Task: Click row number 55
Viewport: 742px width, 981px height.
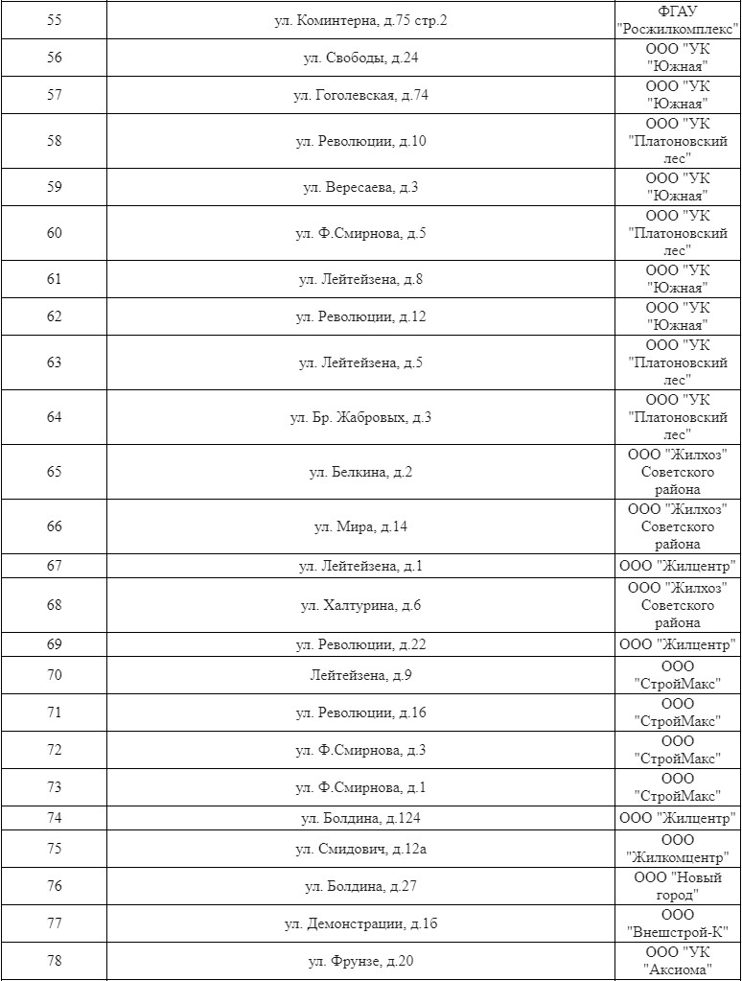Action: coord(54,20)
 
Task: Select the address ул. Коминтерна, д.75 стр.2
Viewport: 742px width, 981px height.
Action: coord(360,20)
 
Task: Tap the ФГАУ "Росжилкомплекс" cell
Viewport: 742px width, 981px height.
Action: coord(678,20)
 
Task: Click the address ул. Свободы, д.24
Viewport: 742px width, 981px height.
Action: coord(360,58)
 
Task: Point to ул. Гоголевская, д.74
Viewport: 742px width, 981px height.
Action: coord(360,95)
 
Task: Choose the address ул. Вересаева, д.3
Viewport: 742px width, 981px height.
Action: coord(360,187)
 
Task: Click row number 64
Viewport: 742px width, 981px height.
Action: coord(54,417)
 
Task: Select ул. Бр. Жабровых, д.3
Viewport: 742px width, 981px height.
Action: coord(360,417)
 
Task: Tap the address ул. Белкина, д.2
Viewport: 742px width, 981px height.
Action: coord(360,472)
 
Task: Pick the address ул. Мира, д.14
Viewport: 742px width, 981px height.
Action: coord(360,526)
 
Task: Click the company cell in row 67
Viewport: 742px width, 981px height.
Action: coord(678,566)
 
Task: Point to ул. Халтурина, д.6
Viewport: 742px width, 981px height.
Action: coord(360,605)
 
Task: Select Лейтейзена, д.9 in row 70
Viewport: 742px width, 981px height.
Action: coord(360,675)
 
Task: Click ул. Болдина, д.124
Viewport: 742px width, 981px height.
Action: coord(360,818)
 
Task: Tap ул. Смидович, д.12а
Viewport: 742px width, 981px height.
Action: coord(360,849)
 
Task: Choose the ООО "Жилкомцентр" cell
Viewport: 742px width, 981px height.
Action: coord(678,849)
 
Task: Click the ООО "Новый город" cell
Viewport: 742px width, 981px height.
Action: coord(678,886)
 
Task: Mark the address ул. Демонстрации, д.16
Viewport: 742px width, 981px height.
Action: coord(360,923)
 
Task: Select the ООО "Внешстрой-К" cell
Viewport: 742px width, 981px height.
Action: coord(678,923)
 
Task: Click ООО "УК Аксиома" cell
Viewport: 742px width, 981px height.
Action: coord(678,961)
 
